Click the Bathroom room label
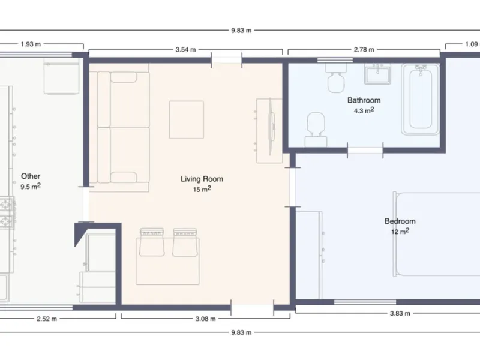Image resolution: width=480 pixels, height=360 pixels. click(364, 100)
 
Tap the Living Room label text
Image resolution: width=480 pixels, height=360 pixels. click(202, 179)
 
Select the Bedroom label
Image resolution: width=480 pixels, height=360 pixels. click(400, 221)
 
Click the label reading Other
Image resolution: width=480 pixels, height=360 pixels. click(31, 176)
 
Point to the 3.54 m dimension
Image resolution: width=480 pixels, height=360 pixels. click(185, 50)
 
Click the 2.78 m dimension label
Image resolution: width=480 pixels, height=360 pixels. click(364, 50)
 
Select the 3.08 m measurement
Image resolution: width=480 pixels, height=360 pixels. click(205, 319)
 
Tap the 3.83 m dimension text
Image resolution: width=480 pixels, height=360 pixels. click(400, 313)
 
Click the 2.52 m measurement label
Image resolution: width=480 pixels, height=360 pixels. click(47, 319)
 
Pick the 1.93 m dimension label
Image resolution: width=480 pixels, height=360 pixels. click(31, 44)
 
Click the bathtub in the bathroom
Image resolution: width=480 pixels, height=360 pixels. click(421, 100)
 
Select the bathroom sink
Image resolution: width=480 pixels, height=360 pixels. click(377, 74)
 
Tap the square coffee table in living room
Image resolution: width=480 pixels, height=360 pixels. click(187, 119)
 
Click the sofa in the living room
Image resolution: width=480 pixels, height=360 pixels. click(123, 127)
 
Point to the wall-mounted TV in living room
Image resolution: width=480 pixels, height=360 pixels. click(271, 127)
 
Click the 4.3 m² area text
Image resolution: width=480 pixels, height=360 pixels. click(364, 110)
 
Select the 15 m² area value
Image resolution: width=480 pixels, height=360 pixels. click(202, 189)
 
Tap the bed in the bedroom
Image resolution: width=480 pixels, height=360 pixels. click(437, 234)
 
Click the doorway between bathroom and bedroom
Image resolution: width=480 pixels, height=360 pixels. click(365, 151)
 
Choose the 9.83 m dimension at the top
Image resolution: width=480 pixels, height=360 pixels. click(241, 31)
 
